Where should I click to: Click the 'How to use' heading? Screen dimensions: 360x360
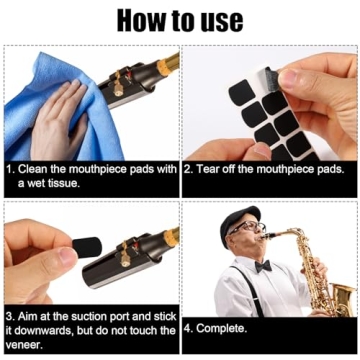180,19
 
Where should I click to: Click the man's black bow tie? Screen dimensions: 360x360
262,267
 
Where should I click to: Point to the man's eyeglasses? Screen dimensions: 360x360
246,232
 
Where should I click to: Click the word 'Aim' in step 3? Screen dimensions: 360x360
30,312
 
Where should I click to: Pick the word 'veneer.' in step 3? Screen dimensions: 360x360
25,342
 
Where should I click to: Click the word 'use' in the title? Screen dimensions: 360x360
215,19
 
